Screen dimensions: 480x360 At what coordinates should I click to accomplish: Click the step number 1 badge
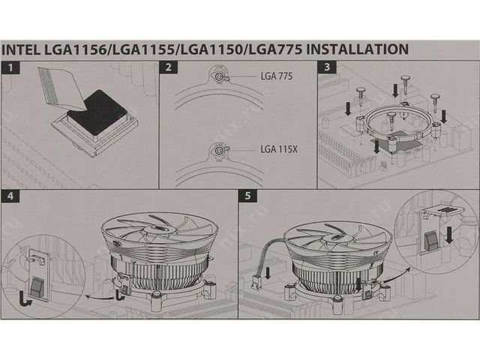coord(10,67)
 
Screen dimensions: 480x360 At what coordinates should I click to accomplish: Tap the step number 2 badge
coord(169,67)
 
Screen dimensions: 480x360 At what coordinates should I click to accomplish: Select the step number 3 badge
coord(327,67)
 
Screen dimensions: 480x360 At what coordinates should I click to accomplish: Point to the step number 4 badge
coord(10,196)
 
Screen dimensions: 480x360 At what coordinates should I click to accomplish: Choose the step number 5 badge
coord(248,196)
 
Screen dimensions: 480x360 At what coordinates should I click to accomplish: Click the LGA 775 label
coord(277,76)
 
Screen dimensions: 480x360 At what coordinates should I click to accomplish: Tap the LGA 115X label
coord(279,149)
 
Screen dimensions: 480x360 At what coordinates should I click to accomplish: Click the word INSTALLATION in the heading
coord(358,49)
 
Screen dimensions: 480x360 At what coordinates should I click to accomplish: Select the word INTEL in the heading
coord(21,49)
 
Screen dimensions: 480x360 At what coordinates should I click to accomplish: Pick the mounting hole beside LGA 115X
coord(218,150)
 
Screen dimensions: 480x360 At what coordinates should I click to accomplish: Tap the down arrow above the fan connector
coord(268,273)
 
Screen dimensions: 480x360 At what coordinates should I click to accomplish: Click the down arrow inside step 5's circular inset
coord(449,235)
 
